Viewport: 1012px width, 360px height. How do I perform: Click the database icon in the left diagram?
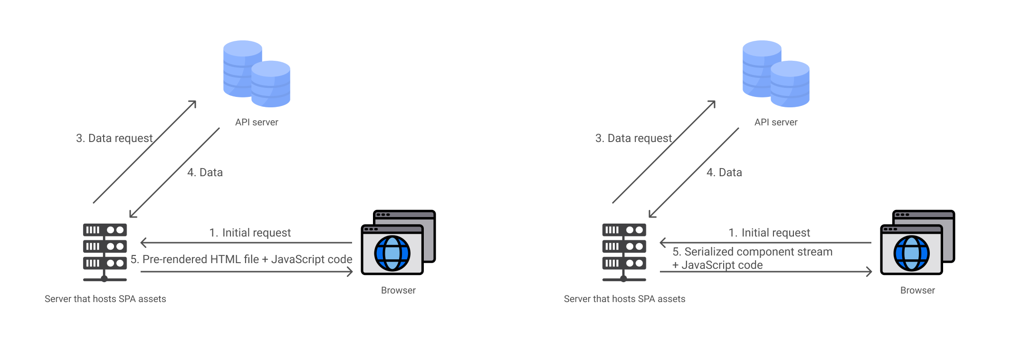point(257,74)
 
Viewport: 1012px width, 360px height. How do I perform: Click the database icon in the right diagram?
point(776,74)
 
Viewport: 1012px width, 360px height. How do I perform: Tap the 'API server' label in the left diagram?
point(257,122)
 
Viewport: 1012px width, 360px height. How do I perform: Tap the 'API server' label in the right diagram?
point(776,122)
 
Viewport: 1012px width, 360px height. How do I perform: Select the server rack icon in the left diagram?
point(105,252)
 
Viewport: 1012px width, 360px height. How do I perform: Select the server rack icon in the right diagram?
point(624,252)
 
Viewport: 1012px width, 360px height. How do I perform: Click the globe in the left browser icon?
point(392,253)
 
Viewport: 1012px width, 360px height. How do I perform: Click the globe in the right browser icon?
point(911,253)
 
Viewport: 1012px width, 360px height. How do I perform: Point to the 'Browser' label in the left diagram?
point(398,290)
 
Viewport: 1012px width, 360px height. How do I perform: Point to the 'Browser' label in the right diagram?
point(917,290)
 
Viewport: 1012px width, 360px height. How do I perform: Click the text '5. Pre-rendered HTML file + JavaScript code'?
point(241,259)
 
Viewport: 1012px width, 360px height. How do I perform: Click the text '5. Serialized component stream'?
point(753,252)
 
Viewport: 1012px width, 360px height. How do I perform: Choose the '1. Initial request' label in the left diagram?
point(250,233)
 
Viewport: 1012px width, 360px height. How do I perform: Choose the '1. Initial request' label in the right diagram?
point(769,233)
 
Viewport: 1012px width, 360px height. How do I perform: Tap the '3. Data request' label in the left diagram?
point(114,138)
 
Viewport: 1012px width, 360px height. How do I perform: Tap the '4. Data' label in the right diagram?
point(724,172)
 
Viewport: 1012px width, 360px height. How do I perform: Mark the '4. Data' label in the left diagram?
point(205,172)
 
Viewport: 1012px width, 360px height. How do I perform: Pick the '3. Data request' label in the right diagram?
point(633,138)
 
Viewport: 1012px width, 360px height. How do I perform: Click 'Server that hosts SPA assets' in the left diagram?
point(105,299)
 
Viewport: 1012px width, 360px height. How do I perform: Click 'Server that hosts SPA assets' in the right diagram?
point(624,299)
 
